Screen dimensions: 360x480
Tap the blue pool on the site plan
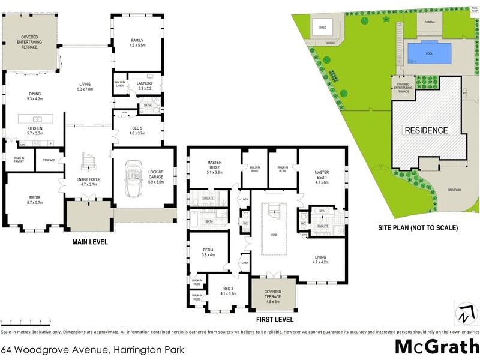click(x=430, y=53)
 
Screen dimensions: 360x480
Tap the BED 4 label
click(x=208, y=251)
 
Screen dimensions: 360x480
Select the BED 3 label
click(x=229, y=291)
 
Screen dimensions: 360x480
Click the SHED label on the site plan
click(x=322, y=28)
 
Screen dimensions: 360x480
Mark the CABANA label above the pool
click(x=429, y=22)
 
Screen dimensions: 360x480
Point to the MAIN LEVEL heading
click(x=89, y=243)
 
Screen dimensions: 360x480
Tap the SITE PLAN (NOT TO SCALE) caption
click(x=418, y=228)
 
